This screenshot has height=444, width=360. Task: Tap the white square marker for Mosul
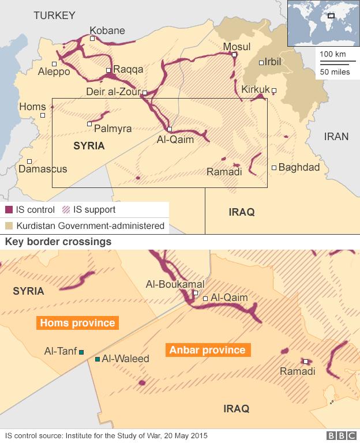[x=234, y=55]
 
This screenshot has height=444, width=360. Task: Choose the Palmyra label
[x=112, y=128]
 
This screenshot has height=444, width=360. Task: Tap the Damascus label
[x=43, y=169]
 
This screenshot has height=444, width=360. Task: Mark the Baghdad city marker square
[x=274, y=168]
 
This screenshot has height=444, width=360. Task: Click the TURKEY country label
[x=54, y=16]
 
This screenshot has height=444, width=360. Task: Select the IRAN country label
[x=336, y=137]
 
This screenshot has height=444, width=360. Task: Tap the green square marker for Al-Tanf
[x=82, y=352]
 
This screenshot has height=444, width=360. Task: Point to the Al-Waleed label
[x=126, y=359]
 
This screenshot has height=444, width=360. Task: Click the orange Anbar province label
[x=207, y=350]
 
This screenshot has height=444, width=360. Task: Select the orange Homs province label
[x=77, y=323]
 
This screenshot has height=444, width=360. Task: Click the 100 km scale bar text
[x=332, y=54]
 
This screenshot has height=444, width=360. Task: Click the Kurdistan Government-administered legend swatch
[x=9, y=225]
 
